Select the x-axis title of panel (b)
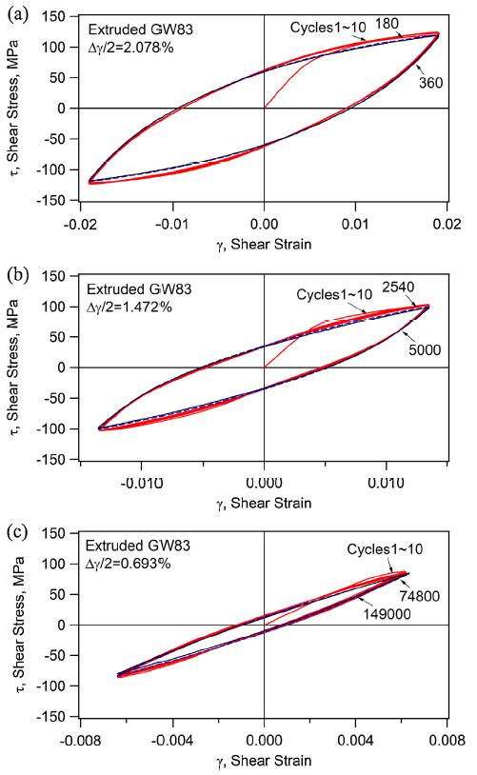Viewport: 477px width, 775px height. [x=264, y=501]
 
